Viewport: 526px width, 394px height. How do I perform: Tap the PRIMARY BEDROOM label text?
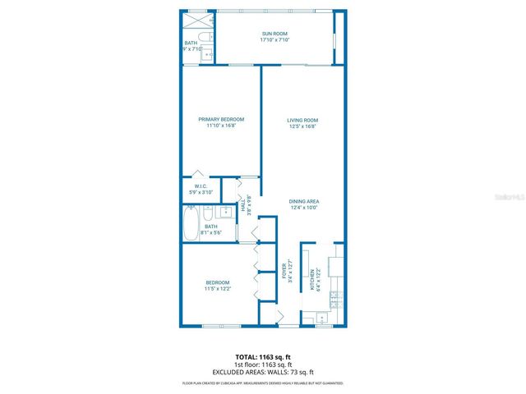pyautogui.click(x=221, y=120)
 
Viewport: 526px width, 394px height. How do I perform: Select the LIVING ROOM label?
pyautogui.click(x=302, y=120)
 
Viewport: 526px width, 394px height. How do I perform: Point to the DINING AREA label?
pyautogui.click(x=303, y=201)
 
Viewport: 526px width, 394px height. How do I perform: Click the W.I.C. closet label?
pyautogui.click(x=201, y=186)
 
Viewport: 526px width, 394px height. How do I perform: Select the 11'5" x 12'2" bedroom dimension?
pyautogui.click(x=217, y=288)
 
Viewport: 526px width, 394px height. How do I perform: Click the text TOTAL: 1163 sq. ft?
pyautogui.click(x=262, y=357)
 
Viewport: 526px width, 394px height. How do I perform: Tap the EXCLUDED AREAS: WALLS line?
pyautogui.click(x=262, y=372)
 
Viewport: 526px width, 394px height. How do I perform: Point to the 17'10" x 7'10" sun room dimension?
pyautogui.click(x=275, y=40)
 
